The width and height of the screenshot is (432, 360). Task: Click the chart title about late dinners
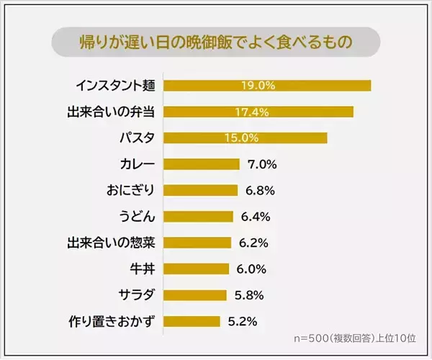coord(215,42)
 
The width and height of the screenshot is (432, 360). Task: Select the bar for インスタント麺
coord(267,86)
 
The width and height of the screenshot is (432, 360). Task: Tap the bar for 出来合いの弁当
coord(258,112)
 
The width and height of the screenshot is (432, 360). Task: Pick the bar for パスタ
coord(246,138)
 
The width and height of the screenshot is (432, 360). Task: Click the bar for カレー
coord(202,164)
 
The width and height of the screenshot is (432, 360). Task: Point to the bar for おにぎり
coord(201,190)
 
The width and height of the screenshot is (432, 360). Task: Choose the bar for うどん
coord(199,216)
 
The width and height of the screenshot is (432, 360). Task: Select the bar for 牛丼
coord(197,269)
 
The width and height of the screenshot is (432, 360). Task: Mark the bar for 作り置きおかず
coord(192,321)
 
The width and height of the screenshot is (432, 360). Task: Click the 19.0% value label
coord(258,86)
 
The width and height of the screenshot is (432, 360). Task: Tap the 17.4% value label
coord(252,112)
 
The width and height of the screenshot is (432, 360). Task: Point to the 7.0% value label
coord(262,164)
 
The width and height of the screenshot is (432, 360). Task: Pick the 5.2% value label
coord(243,321)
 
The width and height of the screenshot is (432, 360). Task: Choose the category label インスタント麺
coord(115,86)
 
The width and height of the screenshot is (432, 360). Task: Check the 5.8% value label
coord(249,294)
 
